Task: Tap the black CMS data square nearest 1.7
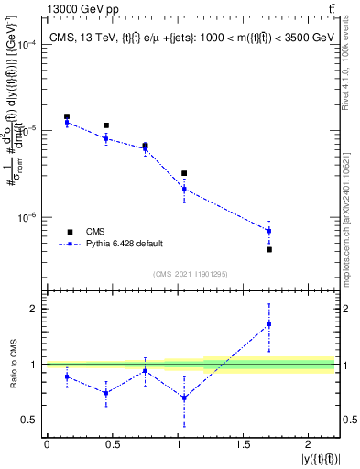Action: [269, 249]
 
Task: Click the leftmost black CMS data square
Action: [67, 116]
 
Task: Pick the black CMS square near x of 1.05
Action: [184, 173]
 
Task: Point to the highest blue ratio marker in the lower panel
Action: [269, 323]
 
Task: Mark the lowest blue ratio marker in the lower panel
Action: [184, 398]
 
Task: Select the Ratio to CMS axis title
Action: [13, 365]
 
